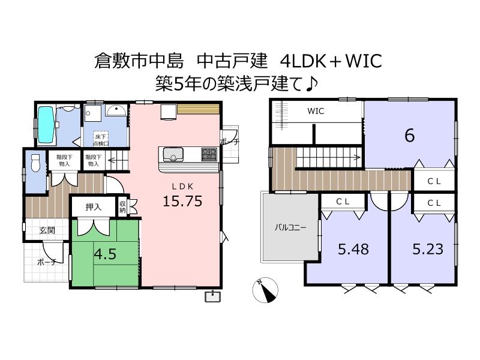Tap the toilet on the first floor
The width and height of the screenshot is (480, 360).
pos(35,163)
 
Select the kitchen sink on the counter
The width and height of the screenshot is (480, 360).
pos(173,154)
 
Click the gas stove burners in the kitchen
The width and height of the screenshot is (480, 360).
pos(209,154)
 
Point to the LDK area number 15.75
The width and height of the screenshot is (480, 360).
pos(182,201)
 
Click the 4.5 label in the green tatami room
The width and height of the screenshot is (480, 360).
pos(105,254)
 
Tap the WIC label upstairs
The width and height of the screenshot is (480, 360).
pos(316,111)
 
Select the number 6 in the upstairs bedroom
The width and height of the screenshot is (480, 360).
pos(410,135)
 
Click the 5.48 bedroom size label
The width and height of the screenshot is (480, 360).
pos(353,249)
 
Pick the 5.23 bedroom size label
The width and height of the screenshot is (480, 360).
pos(428,249)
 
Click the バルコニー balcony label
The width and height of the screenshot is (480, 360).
pos(290,227)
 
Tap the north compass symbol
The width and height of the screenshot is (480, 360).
pos(265,290)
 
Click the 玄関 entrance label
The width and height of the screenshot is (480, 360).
pos(47,230)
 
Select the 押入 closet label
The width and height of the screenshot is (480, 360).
pos(94,207)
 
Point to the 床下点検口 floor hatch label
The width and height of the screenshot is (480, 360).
pos(101,140)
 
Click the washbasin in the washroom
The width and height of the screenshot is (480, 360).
pos(116,110)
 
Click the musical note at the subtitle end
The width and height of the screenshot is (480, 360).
pos(311,83)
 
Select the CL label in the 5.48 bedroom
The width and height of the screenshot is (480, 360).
pos(343,202)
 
